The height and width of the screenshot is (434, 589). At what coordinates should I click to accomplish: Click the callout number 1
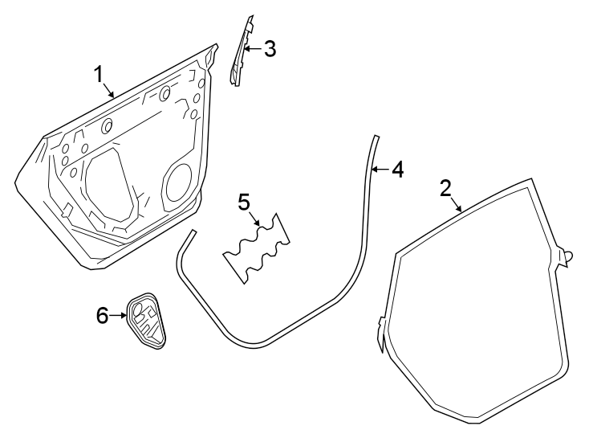tap(99, 75)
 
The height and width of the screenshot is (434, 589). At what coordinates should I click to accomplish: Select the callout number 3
tap(270, 49)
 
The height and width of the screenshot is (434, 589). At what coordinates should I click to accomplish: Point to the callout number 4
tap(396, 170)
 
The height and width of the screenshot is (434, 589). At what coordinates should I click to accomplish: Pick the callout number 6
tap(102, 316)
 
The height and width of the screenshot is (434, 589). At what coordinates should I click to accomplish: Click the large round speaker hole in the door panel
tap(177, 182)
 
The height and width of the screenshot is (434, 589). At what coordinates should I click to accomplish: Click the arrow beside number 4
tap(379, 170)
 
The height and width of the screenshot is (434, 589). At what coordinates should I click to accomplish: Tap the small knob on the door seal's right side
tap(569, 257)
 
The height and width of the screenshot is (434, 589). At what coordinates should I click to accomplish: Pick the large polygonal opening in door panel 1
tap(108, 185)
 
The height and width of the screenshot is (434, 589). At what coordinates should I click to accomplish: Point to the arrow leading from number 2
tap(456, 203)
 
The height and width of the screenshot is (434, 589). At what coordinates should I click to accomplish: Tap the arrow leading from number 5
tap(257, 217)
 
